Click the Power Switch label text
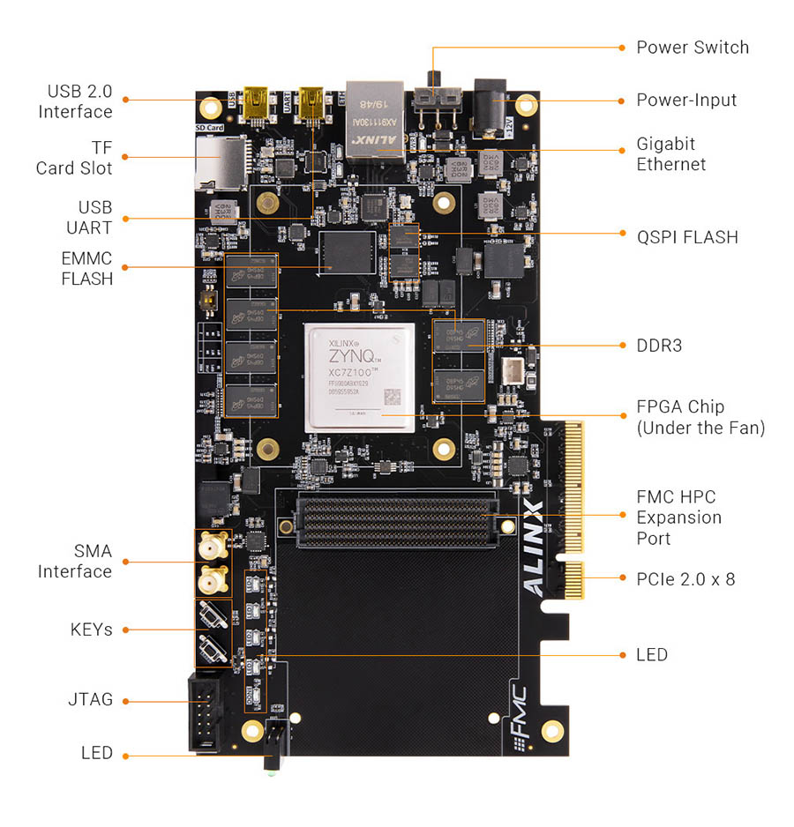pos(692,48)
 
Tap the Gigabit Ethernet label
pos(670,154)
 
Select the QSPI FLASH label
pos(686,236)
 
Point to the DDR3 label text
pos(659,346)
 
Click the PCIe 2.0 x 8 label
pos(685,579)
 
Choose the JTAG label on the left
pos(90,699)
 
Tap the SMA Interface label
pos(75,562)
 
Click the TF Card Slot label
pos(75,157)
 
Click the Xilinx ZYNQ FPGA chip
pos(359,377)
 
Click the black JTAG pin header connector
pos(205,713)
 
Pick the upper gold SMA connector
pos(211,548)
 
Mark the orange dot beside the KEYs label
pos(125,630)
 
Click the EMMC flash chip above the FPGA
pos(348,254)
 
